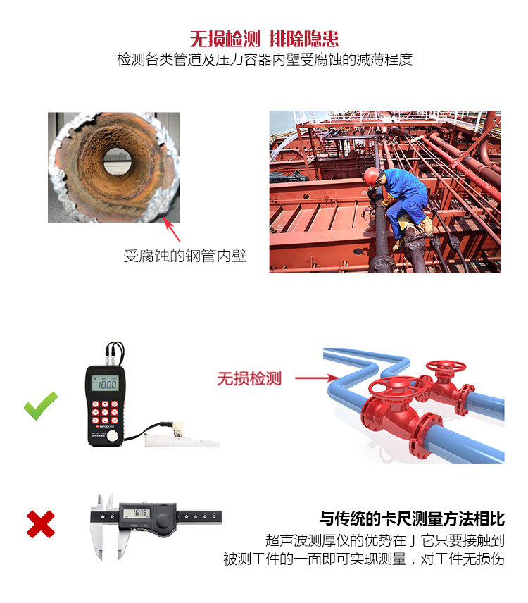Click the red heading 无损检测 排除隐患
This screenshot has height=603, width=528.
tap(264, 38)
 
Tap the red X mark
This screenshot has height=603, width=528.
tap(41, 524)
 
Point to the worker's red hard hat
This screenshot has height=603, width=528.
tap(371, 174)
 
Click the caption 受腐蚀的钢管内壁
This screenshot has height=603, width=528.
tap(185, 256)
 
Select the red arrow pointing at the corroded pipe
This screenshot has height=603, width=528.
tap(171, 231)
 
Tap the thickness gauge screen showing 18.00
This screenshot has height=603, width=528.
tap(106, 385)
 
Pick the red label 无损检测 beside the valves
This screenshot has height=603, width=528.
tap(249, 378)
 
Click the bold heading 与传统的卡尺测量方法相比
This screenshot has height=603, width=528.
tap(412, 519)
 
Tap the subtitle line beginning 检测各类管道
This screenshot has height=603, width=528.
tap(264, 60)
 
